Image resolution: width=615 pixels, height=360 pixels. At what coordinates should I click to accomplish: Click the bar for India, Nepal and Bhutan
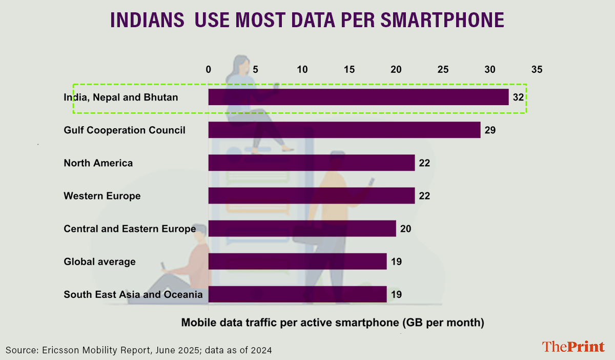tap(358, 97)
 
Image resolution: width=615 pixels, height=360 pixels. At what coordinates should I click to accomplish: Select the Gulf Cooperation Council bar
tap(344, 130)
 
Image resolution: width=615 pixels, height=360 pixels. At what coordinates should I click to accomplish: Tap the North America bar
tap(311, 163)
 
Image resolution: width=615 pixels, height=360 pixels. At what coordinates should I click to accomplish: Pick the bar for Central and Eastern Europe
tap(302, 229)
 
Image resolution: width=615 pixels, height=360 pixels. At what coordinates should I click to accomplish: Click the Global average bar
tap(297, 262)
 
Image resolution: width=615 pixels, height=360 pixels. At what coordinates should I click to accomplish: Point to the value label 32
tap(518, 97)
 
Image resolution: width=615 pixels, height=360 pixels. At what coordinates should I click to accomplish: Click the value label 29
tap(490, 130)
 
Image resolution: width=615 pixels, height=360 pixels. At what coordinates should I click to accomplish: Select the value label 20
tap(405, 229)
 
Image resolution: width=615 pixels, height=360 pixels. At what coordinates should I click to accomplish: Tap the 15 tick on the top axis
tap(349, 69)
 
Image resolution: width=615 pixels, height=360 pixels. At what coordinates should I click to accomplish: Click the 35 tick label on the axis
tap(537, 69)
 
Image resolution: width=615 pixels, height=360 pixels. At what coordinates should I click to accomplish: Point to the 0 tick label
tap(208, 69)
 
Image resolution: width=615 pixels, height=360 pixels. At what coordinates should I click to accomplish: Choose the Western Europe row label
tap(102, 196)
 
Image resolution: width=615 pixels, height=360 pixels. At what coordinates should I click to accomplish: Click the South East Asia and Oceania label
tap(133, 294)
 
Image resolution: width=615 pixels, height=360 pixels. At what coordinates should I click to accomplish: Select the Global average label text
tap(99, 262)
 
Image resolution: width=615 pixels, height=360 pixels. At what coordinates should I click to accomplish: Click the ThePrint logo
tap(573, 347)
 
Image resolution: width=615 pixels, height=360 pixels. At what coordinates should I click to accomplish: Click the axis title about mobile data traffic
tap(332, 323)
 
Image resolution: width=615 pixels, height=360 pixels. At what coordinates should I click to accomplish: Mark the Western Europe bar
tap(311, 196)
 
